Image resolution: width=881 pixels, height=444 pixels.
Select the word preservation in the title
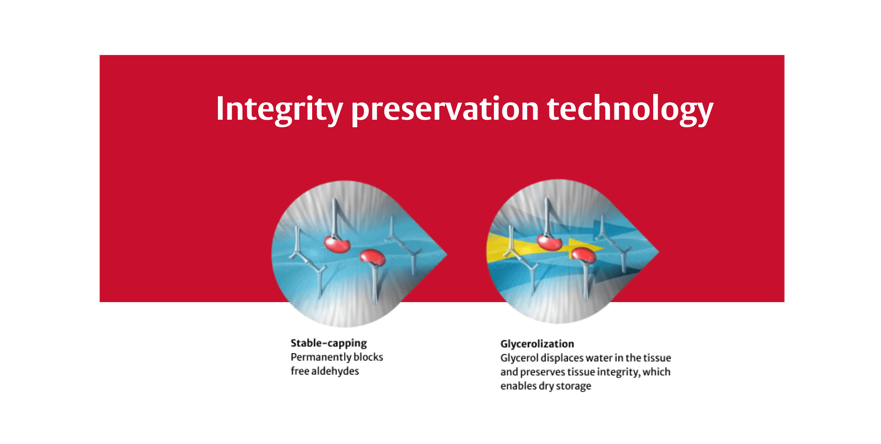pyautogui.click(x=444, y=109)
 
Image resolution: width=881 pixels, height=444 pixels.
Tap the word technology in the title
pyautogui.click(x=630, y=109)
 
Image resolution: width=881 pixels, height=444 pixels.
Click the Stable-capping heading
pyautogui.click(x=328, y=343)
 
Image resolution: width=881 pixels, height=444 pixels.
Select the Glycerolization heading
pyautogui.click(x=537, y=344)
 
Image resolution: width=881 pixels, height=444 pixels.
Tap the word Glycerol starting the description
pyautogui.click(x=519, y=358)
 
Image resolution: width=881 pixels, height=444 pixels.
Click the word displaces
pyautogui.click(x=562, y=358)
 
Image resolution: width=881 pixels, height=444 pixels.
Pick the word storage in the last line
pyautogui.click(x=573, y=386)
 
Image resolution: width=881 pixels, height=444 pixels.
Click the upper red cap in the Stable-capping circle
pyautogui.click(x=337, y=244)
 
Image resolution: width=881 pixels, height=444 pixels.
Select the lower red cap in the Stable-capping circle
pyautogui.click(x=373, y=258)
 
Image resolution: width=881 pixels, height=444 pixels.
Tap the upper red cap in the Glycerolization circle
pyautogui.click(x=549, y=242)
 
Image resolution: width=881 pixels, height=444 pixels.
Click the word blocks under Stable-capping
pyautogui.click(x=368, y=357)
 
